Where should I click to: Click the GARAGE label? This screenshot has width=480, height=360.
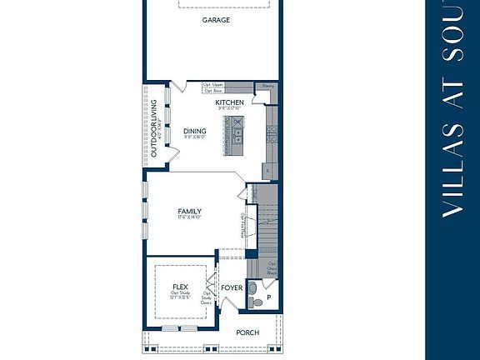tap(216, 20)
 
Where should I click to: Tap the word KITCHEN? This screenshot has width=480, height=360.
tap(229, 102)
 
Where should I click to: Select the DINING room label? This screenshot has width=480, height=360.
tap(194, 131)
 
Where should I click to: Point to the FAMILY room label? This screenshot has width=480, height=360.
tap(189, 212)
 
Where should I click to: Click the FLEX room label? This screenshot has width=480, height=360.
tap(179, 287)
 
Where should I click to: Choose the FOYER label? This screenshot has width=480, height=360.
tap(231, 288)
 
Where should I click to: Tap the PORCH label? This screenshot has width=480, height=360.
tap(247, 332)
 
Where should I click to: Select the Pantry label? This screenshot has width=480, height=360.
tap(267, 86)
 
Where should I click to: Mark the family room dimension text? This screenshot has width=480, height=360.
tap(189, 219)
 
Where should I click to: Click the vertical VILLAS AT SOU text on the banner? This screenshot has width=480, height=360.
tap(452, 108)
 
